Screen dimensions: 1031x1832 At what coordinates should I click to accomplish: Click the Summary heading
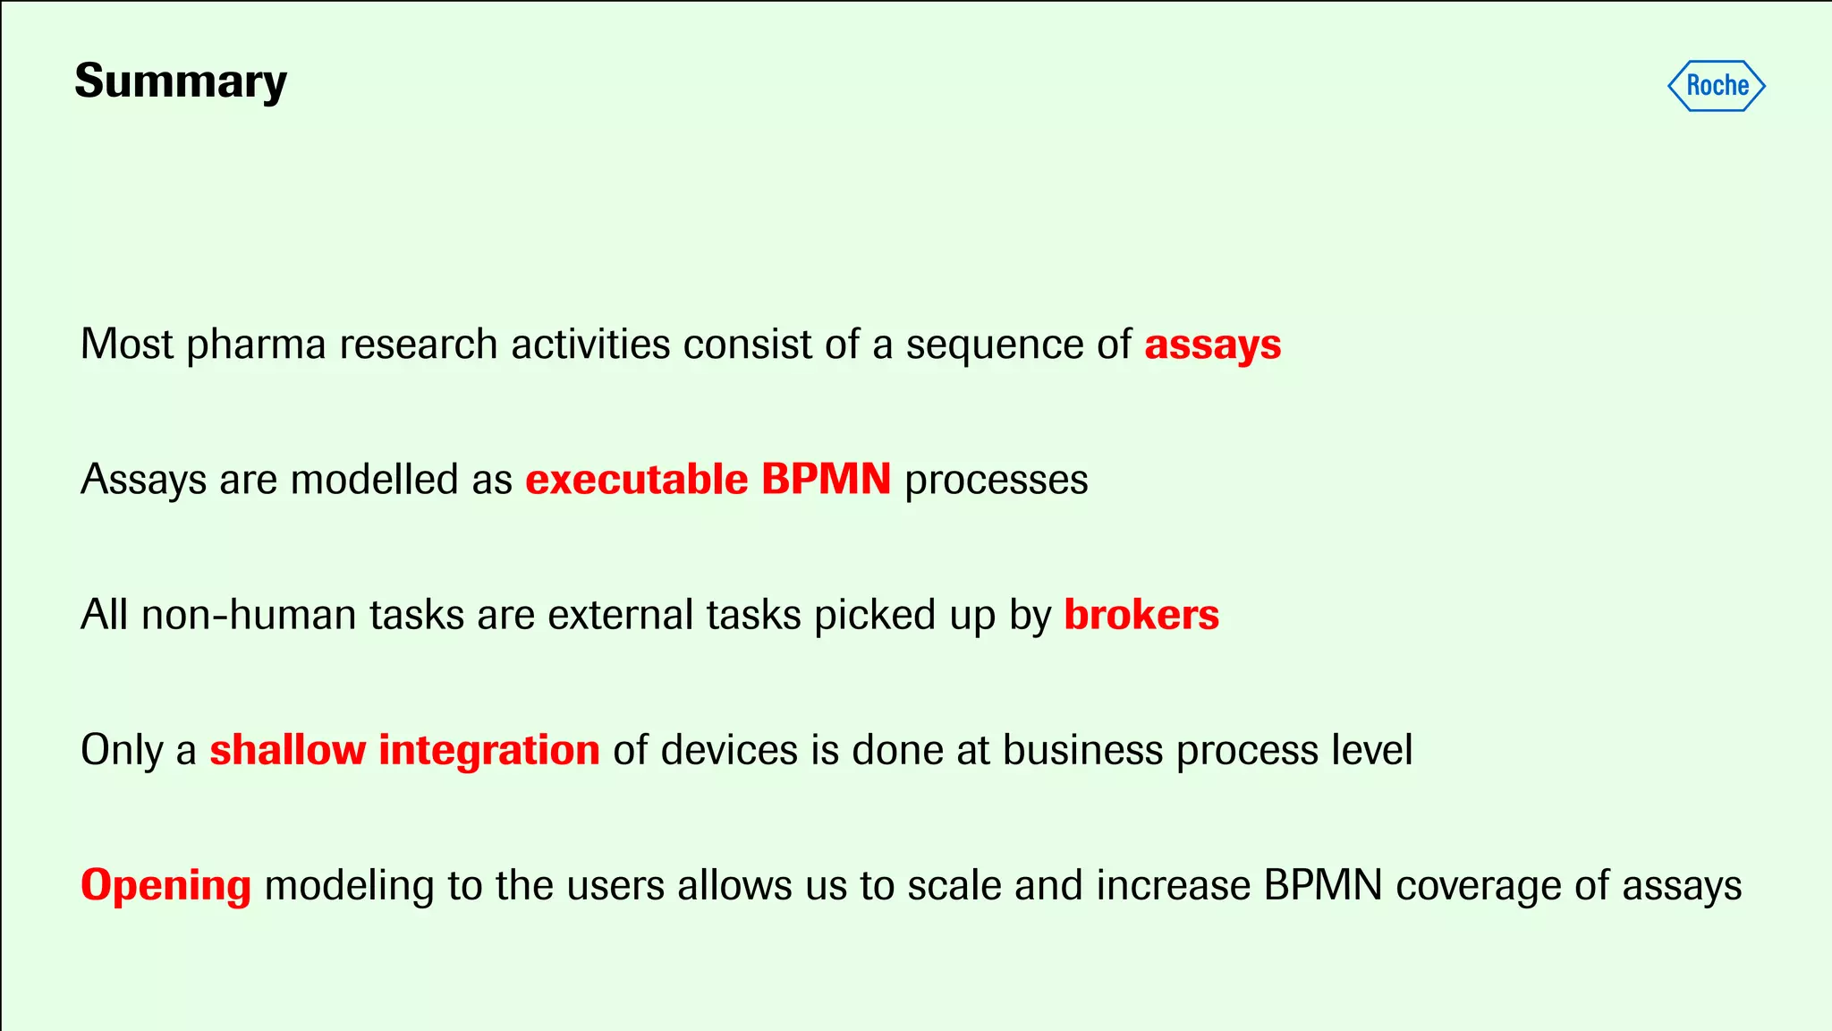click(181, 82)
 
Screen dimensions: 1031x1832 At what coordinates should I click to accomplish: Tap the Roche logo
click(1717, 86)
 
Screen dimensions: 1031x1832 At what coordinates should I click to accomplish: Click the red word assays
click(1212, 345)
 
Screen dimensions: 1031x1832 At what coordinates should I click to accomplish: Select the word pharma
click(256, 345)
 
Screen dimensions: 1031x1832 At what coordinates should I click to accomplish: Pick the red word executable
click(636, 481)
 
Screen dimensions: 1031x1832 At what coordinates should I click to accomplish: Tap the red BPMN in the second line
click(826, 480)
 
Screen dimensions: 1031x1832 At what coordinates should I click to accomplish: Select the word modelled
click(375, 480)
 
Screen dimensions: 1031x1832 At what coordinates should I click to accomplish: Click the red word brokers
click(1141, 616)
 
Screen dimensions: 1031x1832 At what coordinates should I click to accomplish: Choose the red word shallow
click(287, 750)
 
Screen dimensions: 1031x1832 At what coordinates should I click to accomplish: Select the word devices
click(729, 750)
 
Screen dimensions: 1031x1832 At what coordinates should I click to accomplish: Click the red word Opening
click(165, 886)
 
